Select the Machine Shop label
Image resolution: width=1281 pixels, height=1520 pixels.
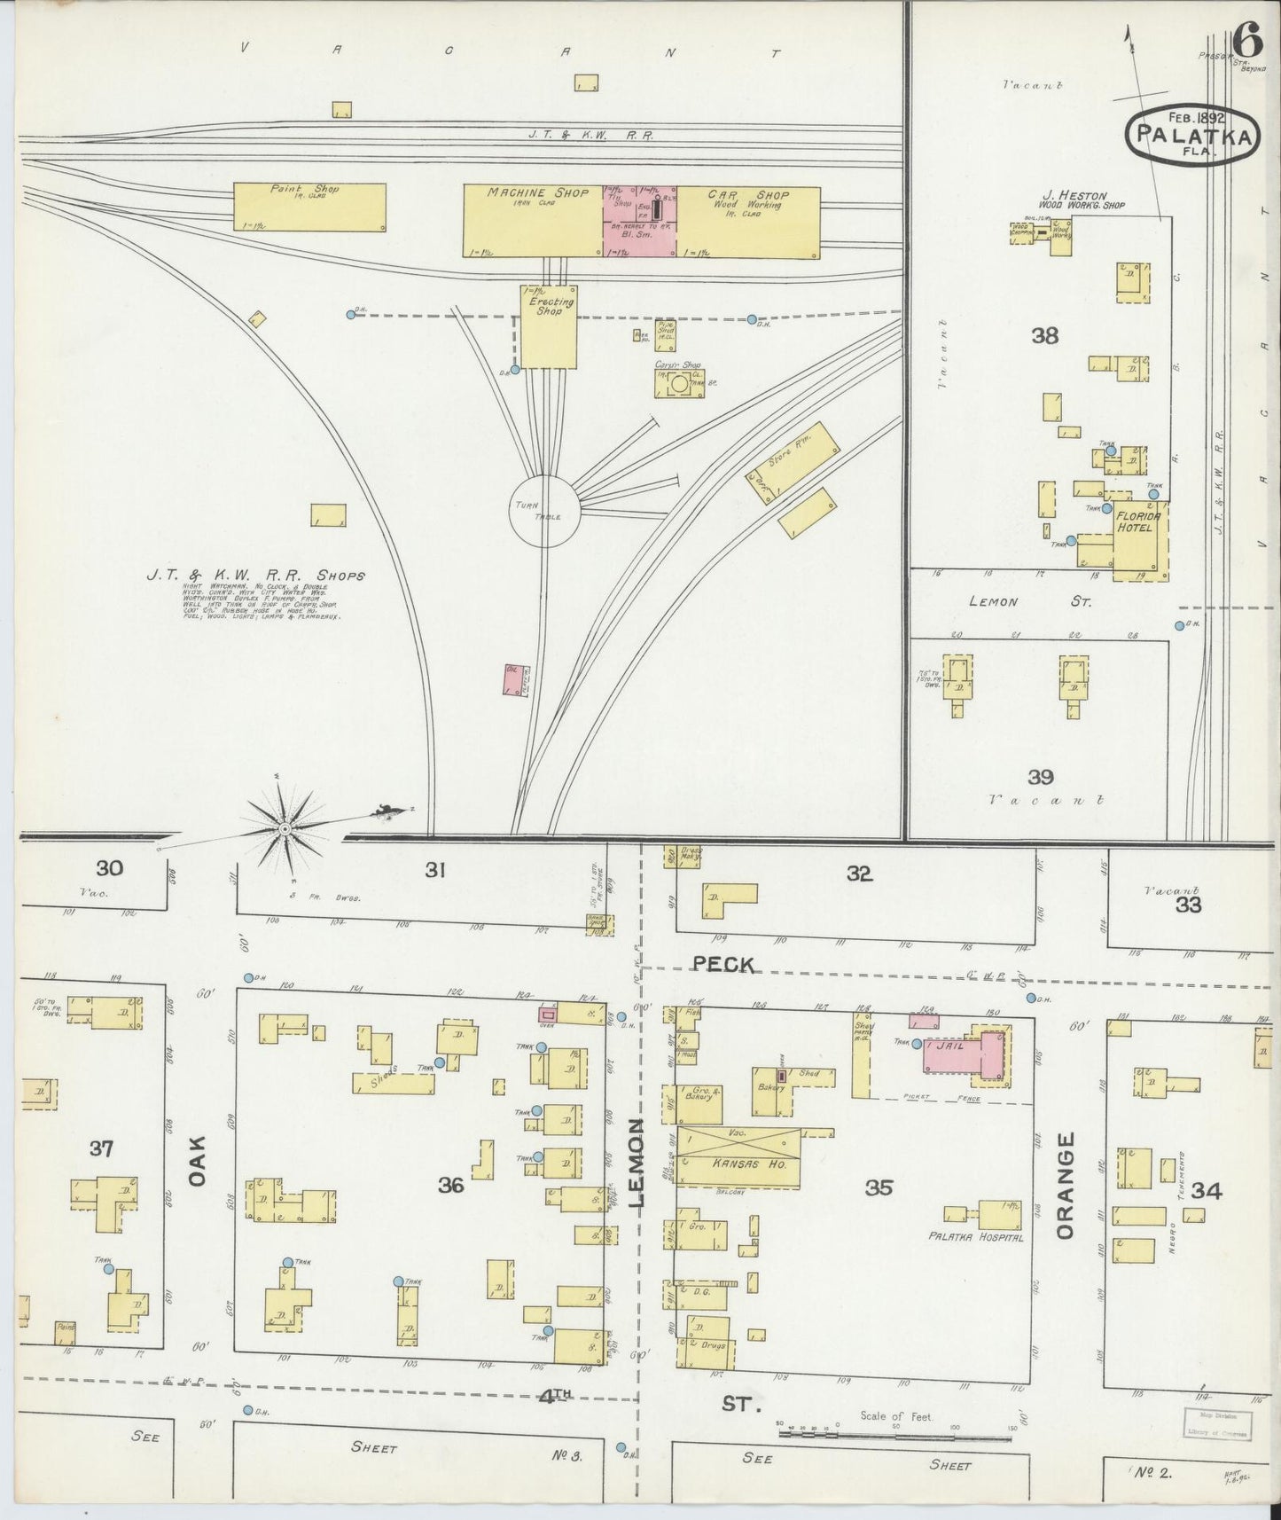point(537,193)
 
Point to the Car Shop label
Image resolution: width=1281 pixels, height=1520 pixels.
point(748,194)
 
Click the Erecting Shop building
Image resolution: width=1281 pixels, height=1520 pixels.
point(548,326)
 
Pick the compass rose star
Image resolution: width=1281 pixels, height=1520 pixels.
point(285,829)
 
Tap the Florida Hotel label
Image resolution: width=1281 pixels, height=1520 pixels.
point(1134,521)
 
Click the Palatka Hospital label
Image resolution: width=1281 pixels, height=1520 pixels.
point(975,1237)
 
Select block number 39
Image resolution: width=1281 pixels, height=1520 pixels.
point(1040,777)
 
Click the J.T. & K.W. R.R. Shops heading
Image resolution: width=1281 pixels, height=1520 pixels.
point(255,576)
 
